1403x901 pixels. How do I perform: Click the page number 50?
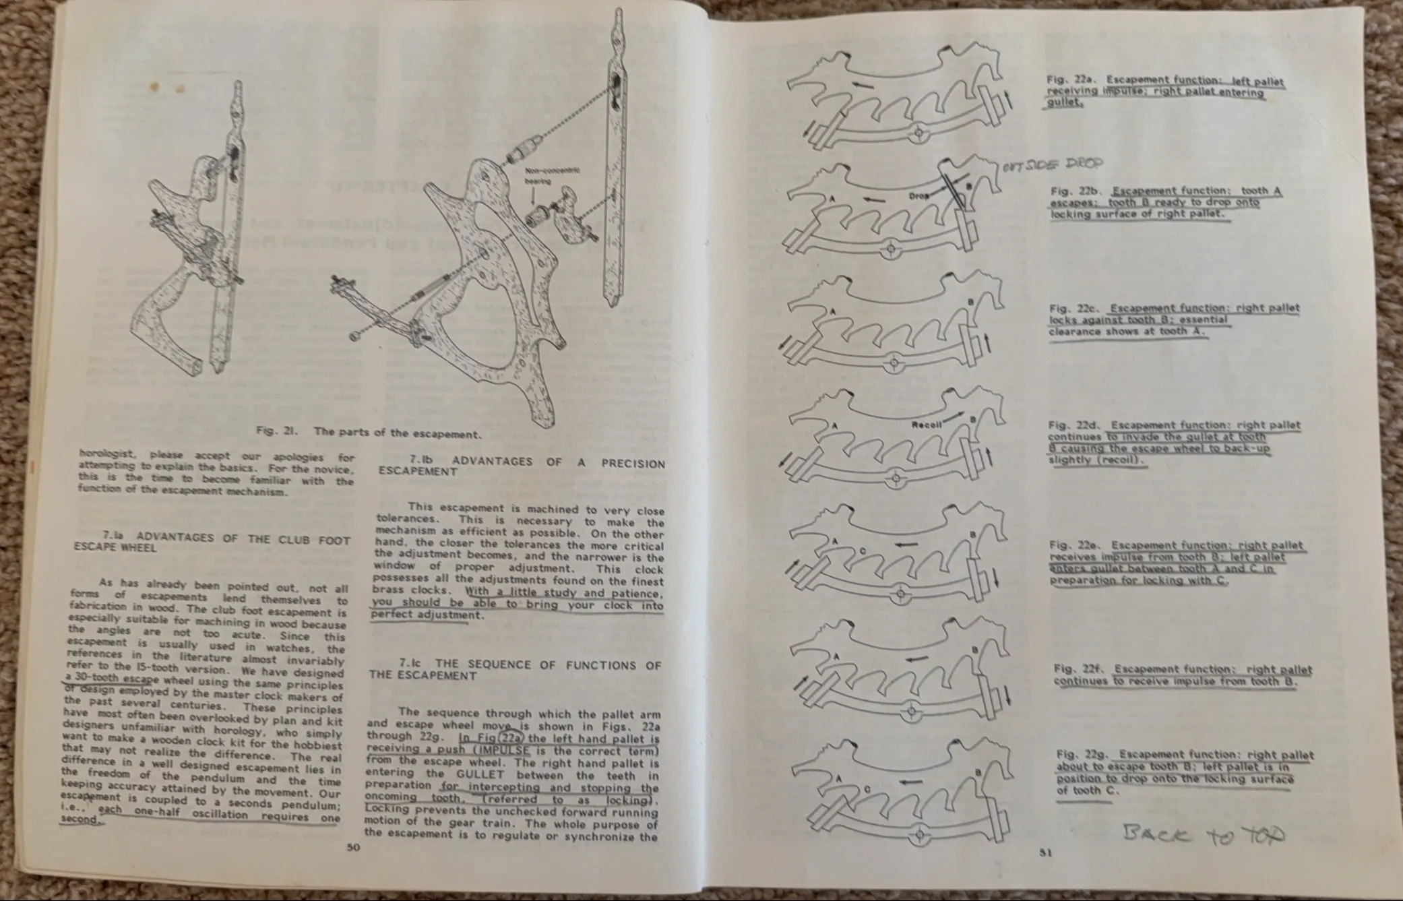coord(354,848)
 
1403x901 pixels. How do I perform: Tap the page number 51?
coord(1045,852)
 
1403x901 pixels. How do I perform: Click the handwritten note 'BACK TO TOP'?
coord(1204,835)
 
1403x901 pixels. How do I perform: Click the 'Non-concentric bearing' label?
coord(552,176)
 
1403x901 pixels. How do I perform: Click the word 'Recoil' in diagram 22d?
coord(926,425)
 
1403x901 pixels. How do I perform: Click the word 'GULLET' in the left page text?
coord(479,775)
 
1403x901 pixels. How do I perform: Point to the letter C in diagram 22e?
coord(863,551)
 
